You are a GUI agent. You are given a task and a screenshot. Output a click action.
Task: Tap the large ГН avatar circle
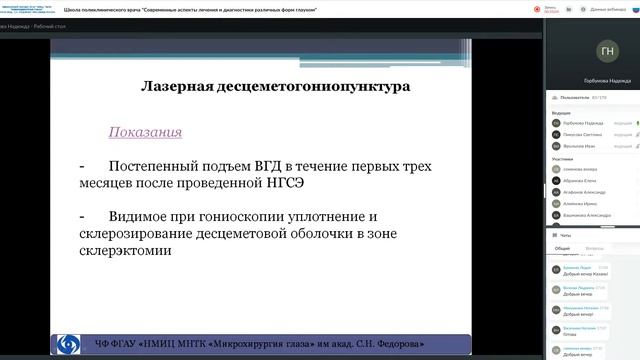(606, 51)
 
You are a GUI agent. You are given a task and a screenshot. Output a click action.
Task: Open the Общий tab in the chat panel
(563, 248)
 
